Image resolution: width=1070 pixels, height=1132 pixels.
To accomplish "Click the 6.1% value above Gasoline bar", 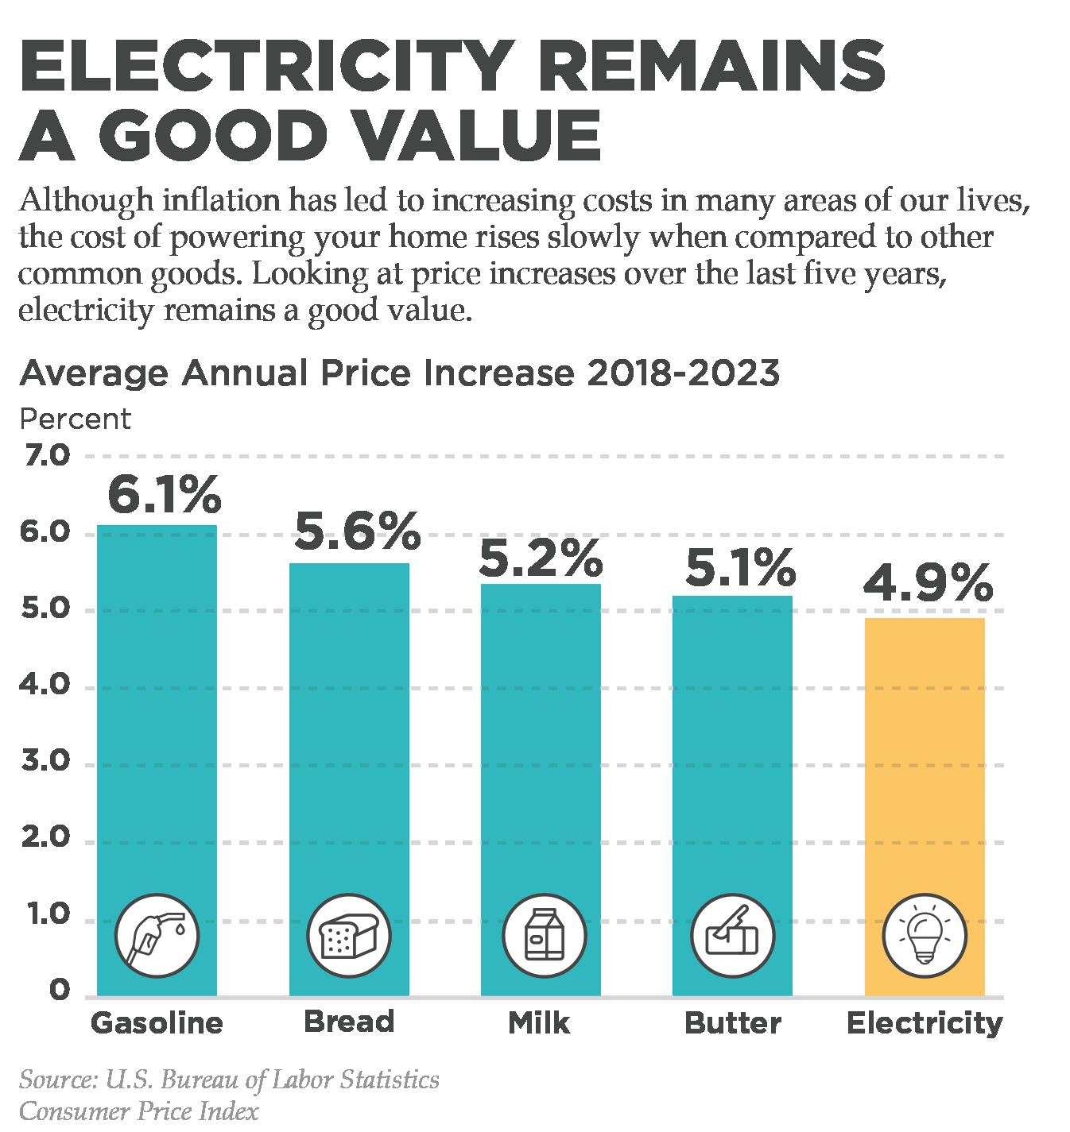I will pos(163,495).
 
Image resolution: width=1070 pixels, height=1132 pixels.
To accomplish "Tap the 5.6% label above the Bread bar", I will pos(356,532).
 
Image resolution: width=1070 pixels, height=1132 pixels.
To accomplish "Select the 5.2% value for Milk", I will pos(541,559).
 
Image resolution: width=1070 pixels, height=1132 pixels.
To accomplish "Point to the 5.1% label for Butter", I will pos(739,568).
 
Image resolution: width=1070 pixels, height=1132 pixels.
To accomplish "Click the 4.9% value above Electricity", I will pos(927,584).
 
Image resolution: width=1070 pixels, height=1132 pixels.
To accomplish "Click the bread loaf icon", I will pos(348,935).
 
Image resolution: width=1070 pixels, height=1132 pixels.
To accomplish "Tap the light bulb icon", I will pos(925,935).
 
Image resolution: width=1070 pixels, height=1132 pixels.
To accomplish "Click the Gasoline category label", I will pos(157,1022).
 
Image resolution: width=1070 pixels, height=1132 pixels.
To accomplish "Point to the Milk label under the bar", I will pos(539,1022).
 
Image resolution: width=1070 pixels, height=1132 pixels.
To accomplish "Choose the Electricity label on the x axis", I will pos(925,1022).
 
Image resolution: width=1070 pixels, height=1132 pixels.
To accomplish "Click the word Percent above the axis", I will pos(75,419).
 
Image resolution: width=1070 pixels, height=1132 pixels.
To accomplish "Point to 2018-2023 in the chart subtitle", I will pos(681,373).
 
